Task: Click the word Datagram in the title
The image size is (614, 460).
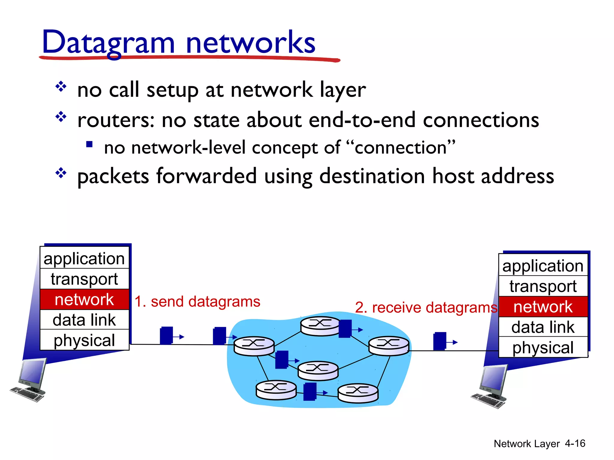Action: point(108,43)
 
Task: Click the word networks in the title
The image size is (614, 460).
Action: point(250,43)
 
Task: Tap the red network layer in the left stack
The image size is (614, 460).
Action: point(84,299)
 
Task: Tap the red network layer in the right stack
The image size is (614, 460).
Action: point(543,307)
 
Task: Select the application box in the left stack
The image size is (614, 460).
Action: point(84,258)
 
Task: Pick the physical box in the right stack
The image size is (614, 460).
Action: point(543,347)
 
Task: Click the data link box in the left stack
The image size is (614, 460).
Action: point(84,320)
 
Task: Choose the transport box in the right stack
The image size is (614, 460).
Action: point(543,286)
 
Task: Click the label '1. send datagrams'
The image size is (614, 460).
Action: point(197,301)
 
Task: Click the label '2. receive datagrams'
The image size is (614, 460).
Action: point(426,307)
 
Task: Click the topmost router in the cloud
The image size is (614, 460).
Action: point(320,326)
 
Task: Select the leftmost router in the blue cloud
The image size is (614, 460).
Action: point(254,346)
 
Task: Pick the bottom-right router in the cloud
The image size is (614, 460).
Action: point(358,393)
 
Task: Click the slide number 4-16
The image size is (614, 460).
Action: point(575,443)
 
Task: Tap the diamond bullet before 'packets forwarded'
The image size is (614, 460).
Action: point(61,173)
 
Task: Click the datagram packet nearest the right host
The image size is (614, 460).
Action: point(440,341)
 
